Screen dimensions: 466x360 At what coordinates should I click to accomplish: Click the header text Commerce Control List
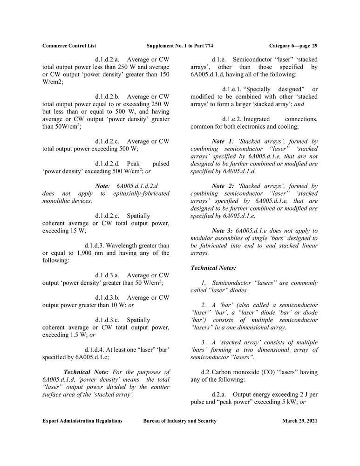point(69,46)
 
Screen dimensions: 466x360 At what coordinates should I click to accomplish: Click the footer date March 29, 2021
point(300,421)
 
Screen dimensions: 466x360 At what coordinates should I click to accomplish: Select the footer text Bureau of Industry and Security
point(180,421)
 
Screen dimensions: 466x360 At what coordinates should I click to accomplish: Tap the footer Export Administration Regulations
point(82,421)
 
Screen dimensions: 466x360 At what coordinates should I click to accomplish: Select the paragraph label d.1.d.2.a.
point(108,60)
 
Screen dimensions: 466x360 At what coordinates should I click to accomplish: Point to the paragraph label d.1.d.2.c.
point(108,141)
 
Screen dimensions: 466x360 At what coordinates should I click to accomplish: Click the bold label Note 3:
point(223,231)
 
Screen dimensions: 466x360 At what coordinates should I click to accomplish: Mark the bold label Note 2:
point(223,186)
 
